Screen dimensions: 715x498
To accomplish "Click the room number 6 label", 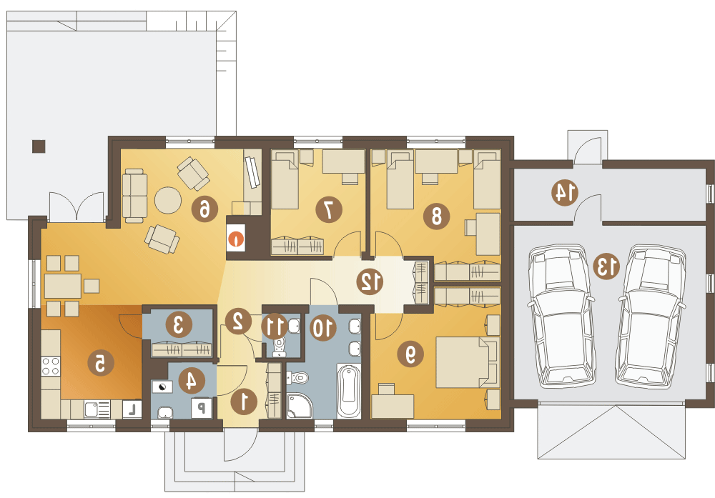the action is [x=204, y=209].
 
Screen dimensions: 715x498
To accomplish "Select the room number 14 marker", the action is [x=565, y=193].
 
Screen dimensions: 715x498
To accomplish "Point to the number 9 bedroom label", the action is [x=410, y=354].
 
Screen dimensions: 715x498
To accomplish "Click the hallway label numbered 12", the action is [x=370, y=282].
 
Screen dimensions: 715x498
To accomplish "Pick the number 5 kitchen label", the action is [x=100, y=363].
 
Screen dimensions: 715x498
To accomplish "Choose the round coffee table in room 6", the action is [x=168, y=200].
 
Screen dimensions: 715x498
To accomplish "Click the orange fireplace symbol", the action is [x=237, y=239].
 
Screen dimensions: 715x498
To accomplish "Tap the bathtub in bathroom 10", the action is [x=349, y=392].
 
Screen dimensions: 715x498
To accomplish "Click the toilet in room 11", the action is [x=279, y=347].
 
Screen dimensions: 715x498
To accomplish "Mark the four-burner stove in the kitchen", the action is [x=51, y=367].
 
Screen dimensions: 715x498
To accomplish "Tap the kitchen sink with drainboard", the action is [x=97, y=409].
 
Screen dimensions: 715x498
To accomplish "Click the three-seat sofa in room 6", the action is [x=134, y=196].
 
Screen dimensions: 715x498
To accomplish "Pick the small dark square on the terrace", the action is [x=39, y=146].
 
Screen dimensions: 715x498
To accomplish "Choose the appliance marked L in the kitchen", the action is [x=132, y=409].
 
